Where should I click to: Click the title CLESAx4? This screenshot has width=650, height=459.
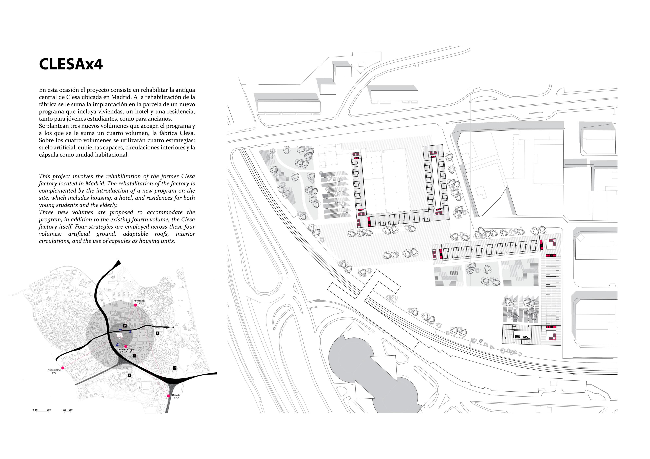(x=71, y=64)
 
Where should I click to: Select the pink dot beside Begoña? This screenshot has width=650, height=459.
(x=169, y=396)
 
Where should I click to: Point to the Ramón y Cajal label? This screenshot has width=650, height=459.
(x=126, y=350)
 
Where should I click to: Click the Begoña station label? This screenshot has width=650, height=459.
(x=176, y=395)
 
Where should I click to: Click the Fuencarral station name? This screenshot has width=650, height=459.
(x=139, y=301)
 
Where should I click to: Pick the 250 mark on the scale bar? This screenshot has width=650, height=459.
(x=49, y=410)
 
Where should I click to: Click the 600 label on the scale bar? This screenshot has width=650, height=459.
(x=71, y=410)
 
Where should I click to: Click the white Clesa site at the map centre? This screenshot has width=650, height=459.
(x=120, y=335)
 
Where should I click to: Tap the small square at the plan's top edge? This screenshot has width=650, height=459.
(x=361, y=64)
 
